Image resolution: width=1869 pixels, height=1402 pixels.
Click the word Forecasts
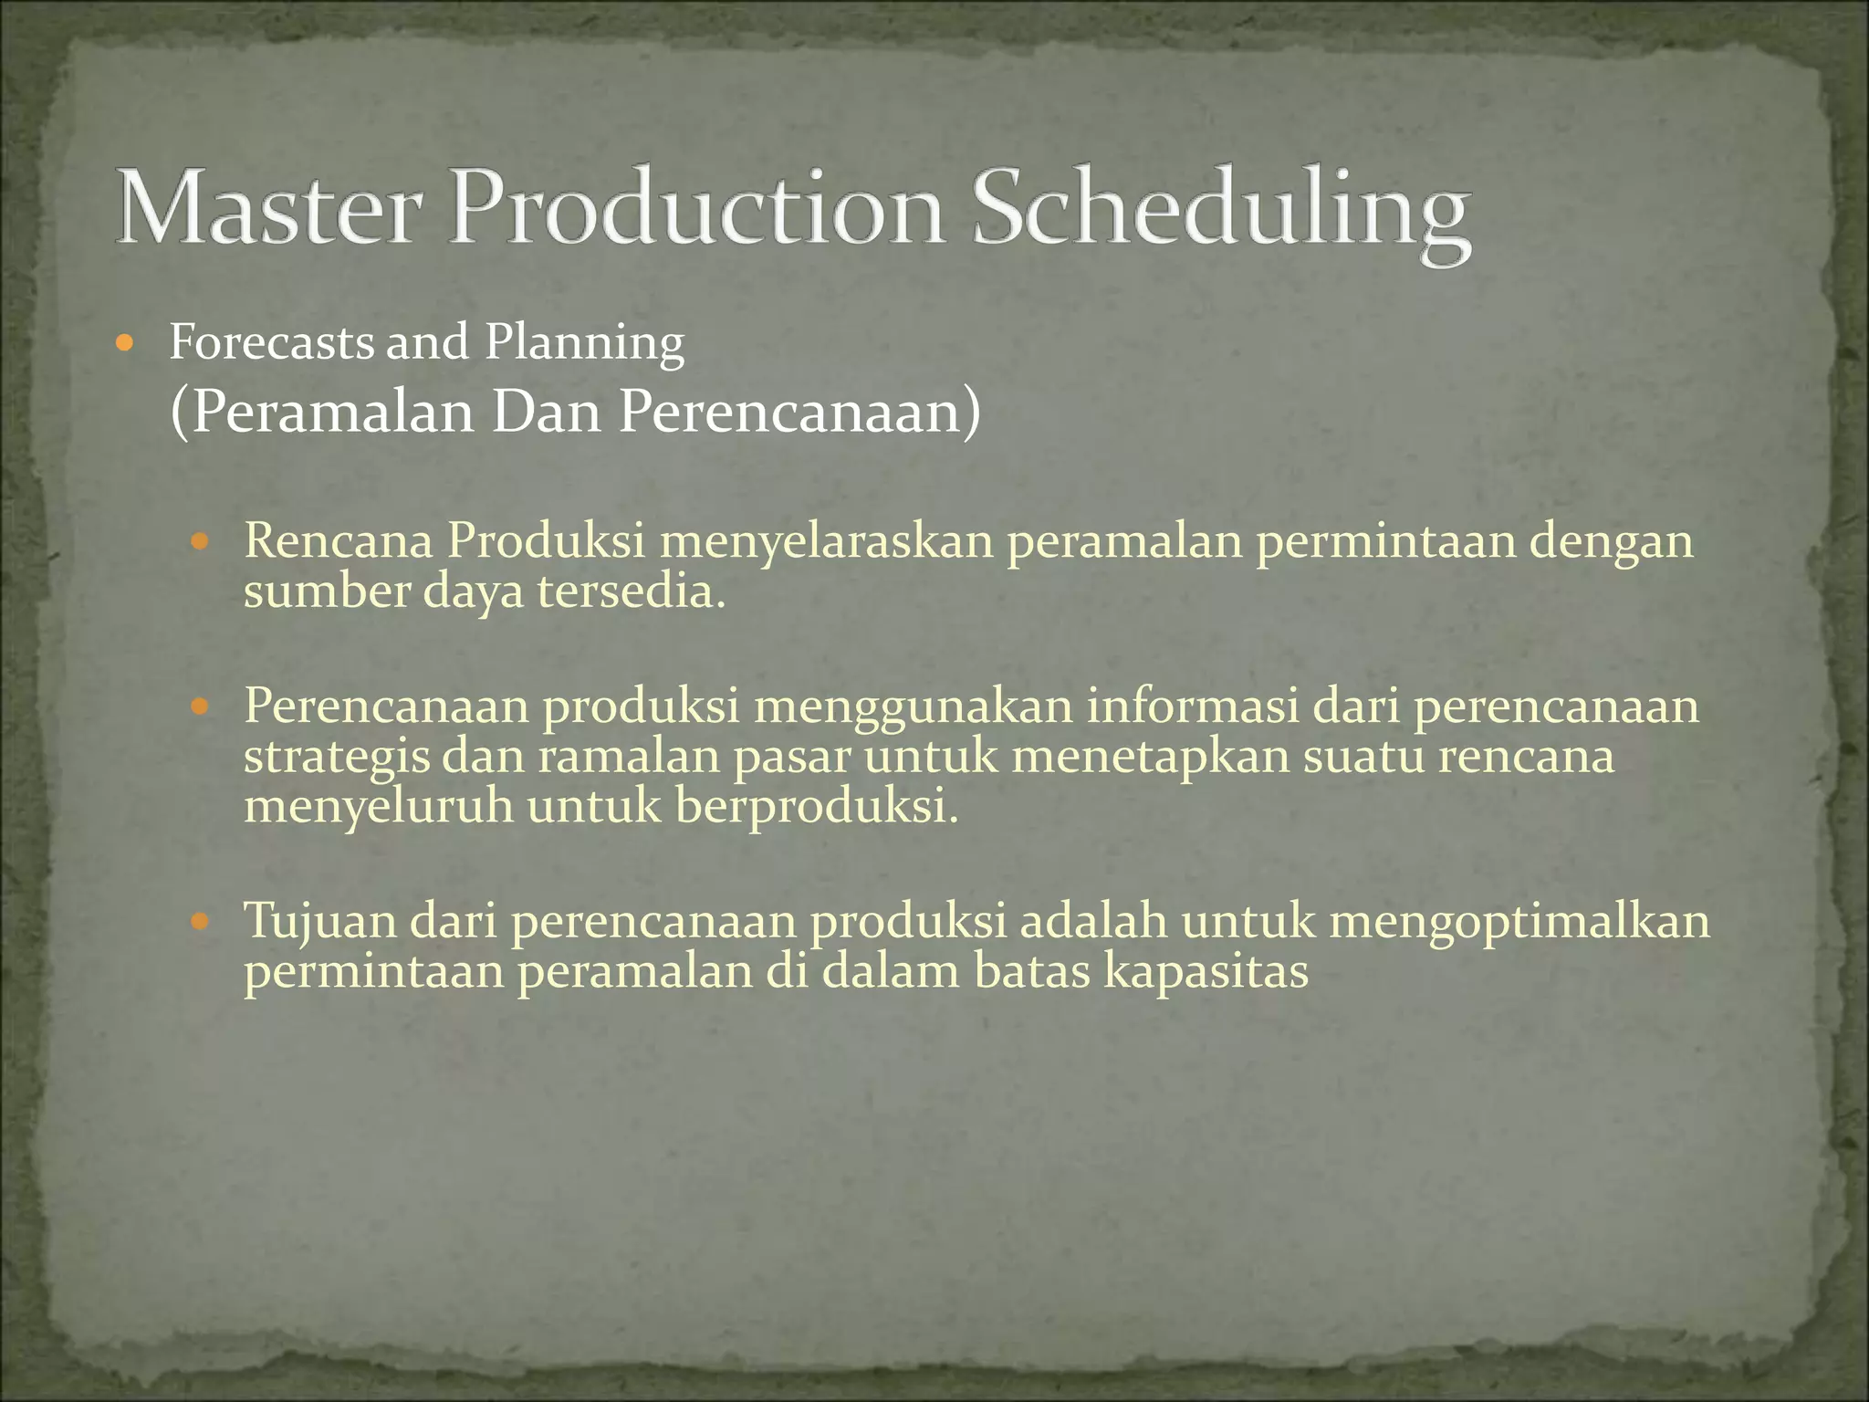coord(271,342)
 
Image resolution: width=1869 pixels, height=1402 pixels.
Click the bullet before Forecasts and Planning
coord(126,345)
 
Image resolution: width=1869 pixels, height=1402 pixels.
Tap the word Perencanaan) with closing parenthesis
coord(800,413)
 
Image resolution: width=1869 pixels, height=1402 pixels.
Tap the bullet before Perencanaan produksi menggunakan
coord(200,707)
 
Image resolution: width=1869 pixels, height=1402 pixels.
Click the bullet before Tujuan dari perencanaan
coord(200,922)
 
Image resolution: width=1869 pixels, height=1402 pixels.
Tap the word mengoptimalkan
coord(1519,922)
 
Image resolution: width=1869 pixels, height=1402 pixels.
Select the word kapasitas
coord(1206,971)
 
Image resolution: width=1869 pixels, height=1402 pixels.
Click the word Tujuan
coord(319,922)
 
